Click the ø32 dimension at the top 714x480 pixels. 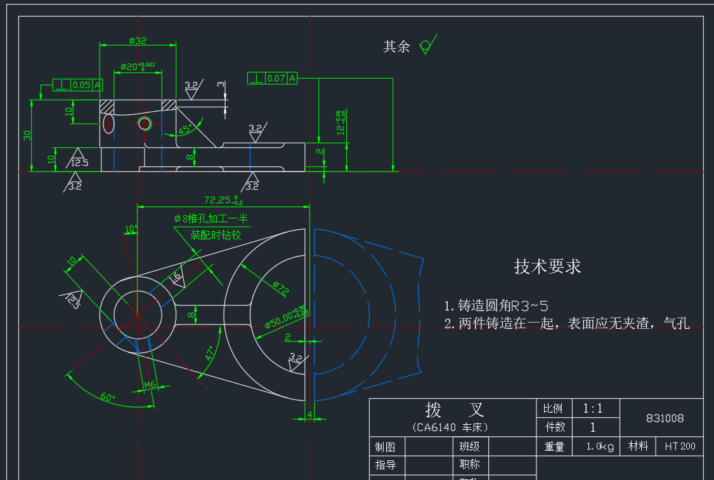[x=138, y=41]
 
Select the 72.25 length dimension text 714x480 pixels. [x=223, y=200]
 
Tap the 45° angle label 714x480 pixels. [x=185, y=130]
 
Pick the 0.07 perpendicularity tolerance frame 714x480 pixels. [x=272, y=78]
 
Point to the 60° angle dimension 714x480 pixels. [x=108, y=397]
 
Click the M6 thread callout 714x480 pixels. [x=150, y=385]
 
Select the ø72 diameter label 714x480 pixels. [x=280, y=288]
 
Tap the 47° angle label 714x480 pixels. [x=210, y=353]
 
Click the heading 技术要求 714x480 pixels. [x=547, y=267]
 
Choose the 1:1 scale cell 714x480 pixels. [x=594, y=408]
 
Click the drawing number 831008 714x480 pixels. [x=665, y=418]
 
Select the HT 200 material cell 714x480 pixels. [x=680, y=446]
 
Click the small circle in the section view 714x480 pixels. [x=145, y=123]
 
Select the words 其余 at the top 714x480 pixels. [x=396, y=46]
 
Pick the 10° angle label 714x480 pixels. [x=131, y=229]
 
